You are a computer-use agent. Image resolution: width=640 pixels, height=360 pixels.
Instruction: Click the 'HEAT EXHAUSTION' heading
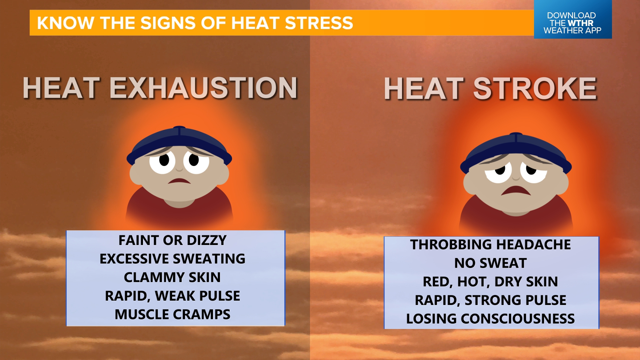tap(160, 88)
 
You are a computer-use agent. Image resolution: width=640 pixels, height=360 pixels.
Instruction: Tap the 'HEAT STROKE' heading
tap(490, 89)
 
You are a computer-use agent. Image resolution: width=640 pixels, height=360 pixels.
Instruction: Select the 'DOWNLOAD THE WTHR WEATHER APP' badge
tap(572, 23)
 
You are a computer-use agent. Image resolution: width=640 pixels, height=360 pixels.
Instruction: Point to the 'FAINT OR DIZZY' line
tap(172, 240)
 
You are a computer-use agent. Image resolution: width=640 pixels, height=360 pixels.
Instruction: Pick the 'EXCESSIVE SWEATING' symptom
tap(172, 259)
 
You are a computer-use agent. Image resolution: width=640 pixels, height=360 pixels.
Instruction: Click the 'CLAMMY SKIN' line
tap(172, 277)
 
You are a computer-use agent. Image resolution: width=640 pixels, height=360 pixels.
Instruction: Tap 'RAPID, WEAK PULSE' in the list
tap(172, 296)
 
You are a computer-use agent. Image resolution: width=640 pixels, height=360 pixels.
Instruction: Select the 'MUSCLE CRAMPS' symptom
tap(172, 314)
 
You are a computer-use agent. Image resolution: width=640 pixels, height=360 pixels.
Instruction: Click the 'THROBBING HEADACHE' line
tap(490, 245)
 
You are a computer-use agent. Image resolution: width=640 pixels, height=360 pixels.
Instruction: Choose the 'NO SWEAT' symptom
tap(490, 263)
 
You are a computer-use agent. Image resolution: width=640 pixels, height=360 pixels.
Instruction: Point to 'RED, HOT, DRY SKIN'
tap(490, 282)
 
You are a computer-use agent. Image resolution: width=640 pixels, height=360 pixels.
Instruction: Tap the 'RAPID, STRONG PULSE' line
tap(490, 300)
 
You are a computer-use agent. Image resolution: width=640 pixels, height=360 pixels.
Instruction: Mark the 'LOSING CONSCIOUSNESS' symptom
tap(490, 319)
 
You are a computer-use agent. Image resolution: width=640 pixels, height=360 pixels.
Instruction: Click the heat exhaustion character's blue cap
tap(179, 140)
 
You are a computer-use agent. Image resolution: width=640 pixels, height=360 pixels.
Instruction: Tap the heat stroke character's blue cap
tap(516, 147)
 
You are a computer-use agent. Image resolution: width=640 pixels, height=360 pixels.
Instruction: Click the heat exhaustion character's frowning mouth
tap(179, 181)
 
